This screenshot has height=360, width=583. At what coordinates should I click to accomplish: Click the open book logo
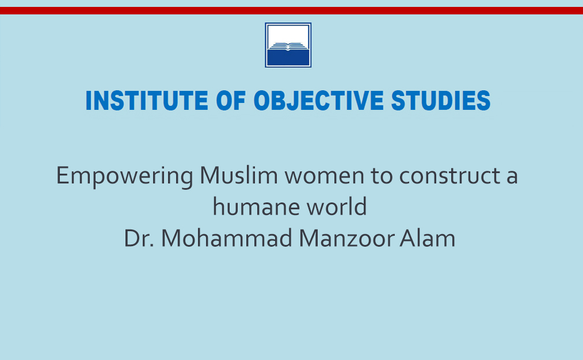pos(288,45)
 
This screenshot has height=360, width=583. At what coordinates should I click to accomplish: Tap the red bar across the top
pos(291,10)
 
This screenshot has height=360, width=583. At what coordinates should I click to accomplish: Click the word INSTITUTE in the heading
pos(147,101)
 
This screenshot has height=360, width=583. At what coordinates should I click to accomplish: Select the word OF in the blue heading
pos(231,101)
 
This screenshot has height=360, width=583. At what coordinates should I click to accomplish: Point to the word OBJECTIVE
pos(318,101)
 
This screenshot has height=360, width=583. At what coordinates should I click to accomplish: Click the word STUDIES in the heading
pos(441,101)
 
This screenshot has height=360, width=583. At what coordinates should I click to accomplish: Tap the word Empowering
pos(124,177)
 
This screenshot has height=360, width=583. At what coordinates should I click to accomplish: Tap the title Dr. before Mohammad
pos(139,238)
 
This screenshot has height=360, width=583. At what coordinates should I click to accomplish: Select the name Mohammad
pos(227,238)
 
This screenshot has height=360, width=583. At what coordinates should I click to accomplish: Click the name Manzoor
pos(346,238)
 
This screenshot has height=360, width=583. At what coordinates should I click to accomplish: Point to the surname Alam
pos(428,238)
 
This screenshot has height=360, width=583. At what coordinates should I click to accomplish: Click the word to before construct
pos(382,176)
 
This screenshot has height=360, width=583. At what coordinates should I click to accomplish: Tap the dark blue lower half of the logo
pos(288,58)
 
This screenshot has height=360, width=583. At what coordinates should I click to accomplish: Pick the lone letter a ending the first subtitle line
pos(512,177)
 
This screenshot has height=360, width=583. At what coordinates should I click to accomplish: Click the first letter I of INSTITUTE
pos(89,101)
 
